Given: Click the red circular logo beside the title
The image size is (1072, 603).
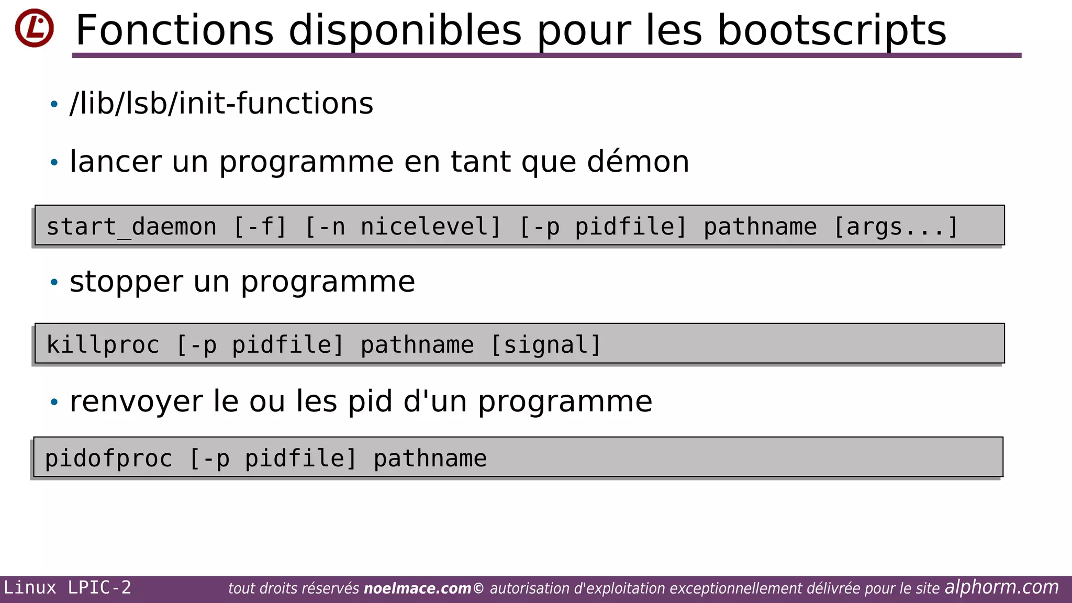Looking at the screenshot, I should click(x=35, y=28).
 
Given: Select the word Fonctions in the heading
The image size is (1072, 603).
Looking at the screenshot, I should click(x=175, y=30).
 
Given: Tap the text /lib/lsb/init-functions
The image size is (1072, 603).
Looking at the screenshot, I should click(x=221, y=103).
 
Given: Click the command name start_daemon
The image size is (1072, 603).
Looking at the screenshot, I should click(x=131, y=227).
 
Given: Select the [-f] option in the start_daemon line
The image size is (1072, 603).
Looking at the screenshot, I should click(x=260, y=227).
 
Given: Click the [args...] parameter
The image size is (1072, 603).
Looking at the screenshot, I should click(x=896, y=227).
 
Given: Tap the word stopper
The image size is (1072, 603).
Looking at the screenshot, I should click(x=126, y=282).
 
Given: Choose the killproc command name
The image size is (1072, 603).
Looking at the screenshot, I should click(x=103, y=345).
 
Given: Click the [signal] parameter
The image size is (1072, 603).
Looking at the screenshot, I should click(x=545, y=345).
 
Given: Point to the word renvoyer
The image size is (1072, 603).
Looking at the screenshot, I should click(x=136, y=401).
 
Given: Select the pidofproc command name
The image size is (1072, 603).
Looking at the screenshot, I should click(x=108, y=459).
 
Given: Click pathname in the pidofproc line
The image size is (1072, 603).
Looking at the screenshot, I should click(x=430, y=459).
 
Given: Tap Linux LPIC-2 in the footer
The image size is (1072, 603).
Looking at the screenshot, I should click(x=68, y=588).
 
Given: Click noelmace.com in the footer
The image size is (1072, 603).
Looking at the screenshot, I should click(x=417, y=589).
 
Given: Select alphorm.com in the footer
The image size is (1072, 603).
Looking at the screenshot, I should click(x=1001, y=587).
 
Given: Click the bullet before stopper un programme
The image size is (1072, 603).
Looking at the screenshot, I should click(x=54, y=283).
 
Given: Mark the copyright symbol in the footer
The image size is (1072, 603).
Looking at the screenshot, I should click(x=478, y=589).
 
